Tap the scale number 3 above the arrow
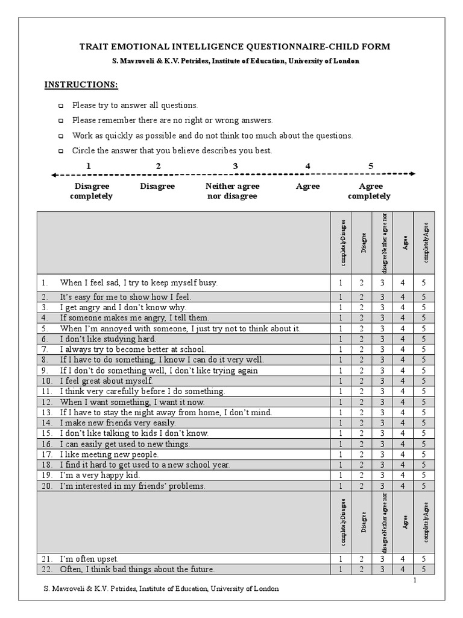pos(235,166)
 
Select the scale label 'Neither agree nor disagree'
pos(232,191)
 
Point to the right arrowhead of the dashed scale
pos(412,174)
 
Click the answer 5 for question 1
pos(424,282)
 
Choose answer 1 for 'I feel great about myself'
pos(341,381)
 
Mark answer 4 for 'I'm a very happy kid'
pos(403,476)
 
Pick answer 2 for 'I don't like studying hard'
pos(362,339)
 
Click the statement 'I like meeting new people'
pos(109,454)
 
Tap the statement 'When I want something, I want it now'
pos(132,402)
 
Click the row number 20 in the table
pos(47,486)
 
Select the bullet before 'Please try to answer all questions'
pos(60,106)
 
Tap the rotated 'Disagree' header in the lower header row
pos(362,520)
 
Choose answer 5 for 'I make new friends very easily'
pos(424,423)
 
